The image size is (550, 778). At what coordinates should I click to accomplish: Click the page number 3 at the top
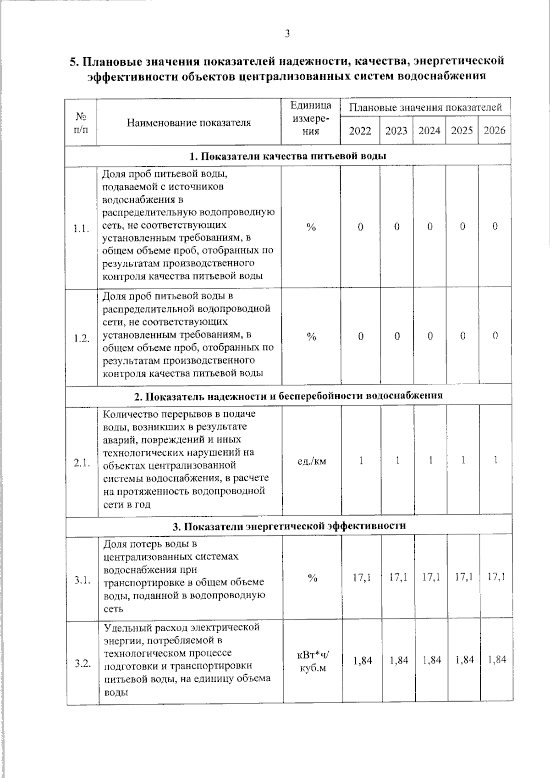click(287, 33)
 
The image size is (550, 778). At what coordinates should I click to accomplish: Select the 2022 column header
click(360, 131)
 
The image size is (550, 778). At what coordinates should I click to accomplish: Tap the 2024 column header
click(429, 131)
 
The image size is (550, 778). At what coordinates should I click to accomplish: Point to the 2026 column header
click(495, 131)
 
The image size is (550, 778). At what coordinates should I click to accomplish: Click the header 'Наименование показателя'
click(189, 123)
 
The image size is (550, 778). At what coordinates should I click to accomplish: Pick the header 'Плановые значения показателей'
click(425, 108)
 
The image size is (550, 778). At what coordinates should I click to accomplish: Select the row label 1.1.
click(81, 229)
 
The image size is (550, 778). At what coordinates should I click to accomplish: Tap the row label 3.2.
click(82, 663)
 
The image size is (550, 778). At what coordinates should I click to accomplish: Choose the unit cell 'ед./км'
click(312, 461)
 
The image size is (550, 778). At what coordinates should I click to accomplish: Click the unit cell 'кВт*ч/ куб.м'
click(313, 662)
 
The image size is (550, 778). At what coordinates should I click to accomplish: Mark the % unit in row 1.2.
click(311, 337)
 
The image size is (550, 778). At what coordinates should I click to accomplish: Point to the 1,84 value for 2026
click(497, 660)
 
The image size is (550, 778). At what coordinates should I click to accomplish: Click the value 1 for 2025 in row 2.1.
click(463, 460)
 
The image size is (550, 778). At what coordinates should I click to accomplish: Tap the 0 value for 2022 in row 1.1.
click(360, 227)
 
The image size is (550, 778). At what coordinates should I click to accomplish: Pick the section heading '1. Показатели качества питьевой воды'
click(288, 156)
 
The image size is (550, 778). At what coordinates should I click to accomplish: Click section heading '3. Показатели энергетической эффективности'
click(289, 526)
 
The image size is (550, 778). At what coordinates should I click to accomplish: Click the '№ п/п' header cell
click(81, 123)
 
